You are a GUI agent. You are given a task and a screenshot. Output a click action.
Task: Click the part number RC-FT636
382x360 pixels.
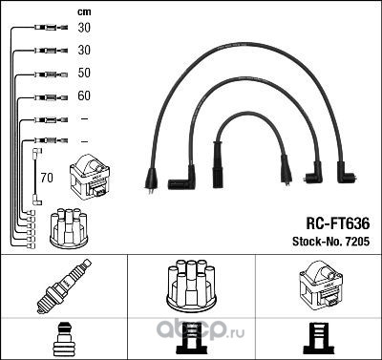coord(338,223)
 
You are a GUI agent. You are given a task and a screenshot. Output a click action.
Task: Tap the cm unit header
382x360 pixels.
coord(84,12)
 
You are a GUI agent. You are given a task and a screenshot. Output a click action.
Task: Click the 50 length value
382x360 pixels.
coord(84,73)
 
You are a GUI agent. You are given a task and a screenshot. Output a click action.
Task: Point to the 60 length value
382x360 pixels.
coord(84,95)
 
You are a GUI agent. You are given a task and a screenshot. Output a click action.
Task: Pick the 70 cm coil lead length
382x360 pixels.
coord(47,178)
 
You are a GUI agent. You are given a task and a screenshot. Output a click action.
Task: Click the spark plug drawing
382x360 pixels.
coord(64,286)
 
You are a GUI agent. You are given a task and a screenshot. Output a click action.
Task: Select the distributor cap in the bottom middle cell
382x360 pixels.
coord(191,286)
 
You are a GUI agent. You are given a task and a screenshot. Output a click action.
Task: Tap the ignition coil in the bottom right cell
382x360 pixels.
coord(321,286)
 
